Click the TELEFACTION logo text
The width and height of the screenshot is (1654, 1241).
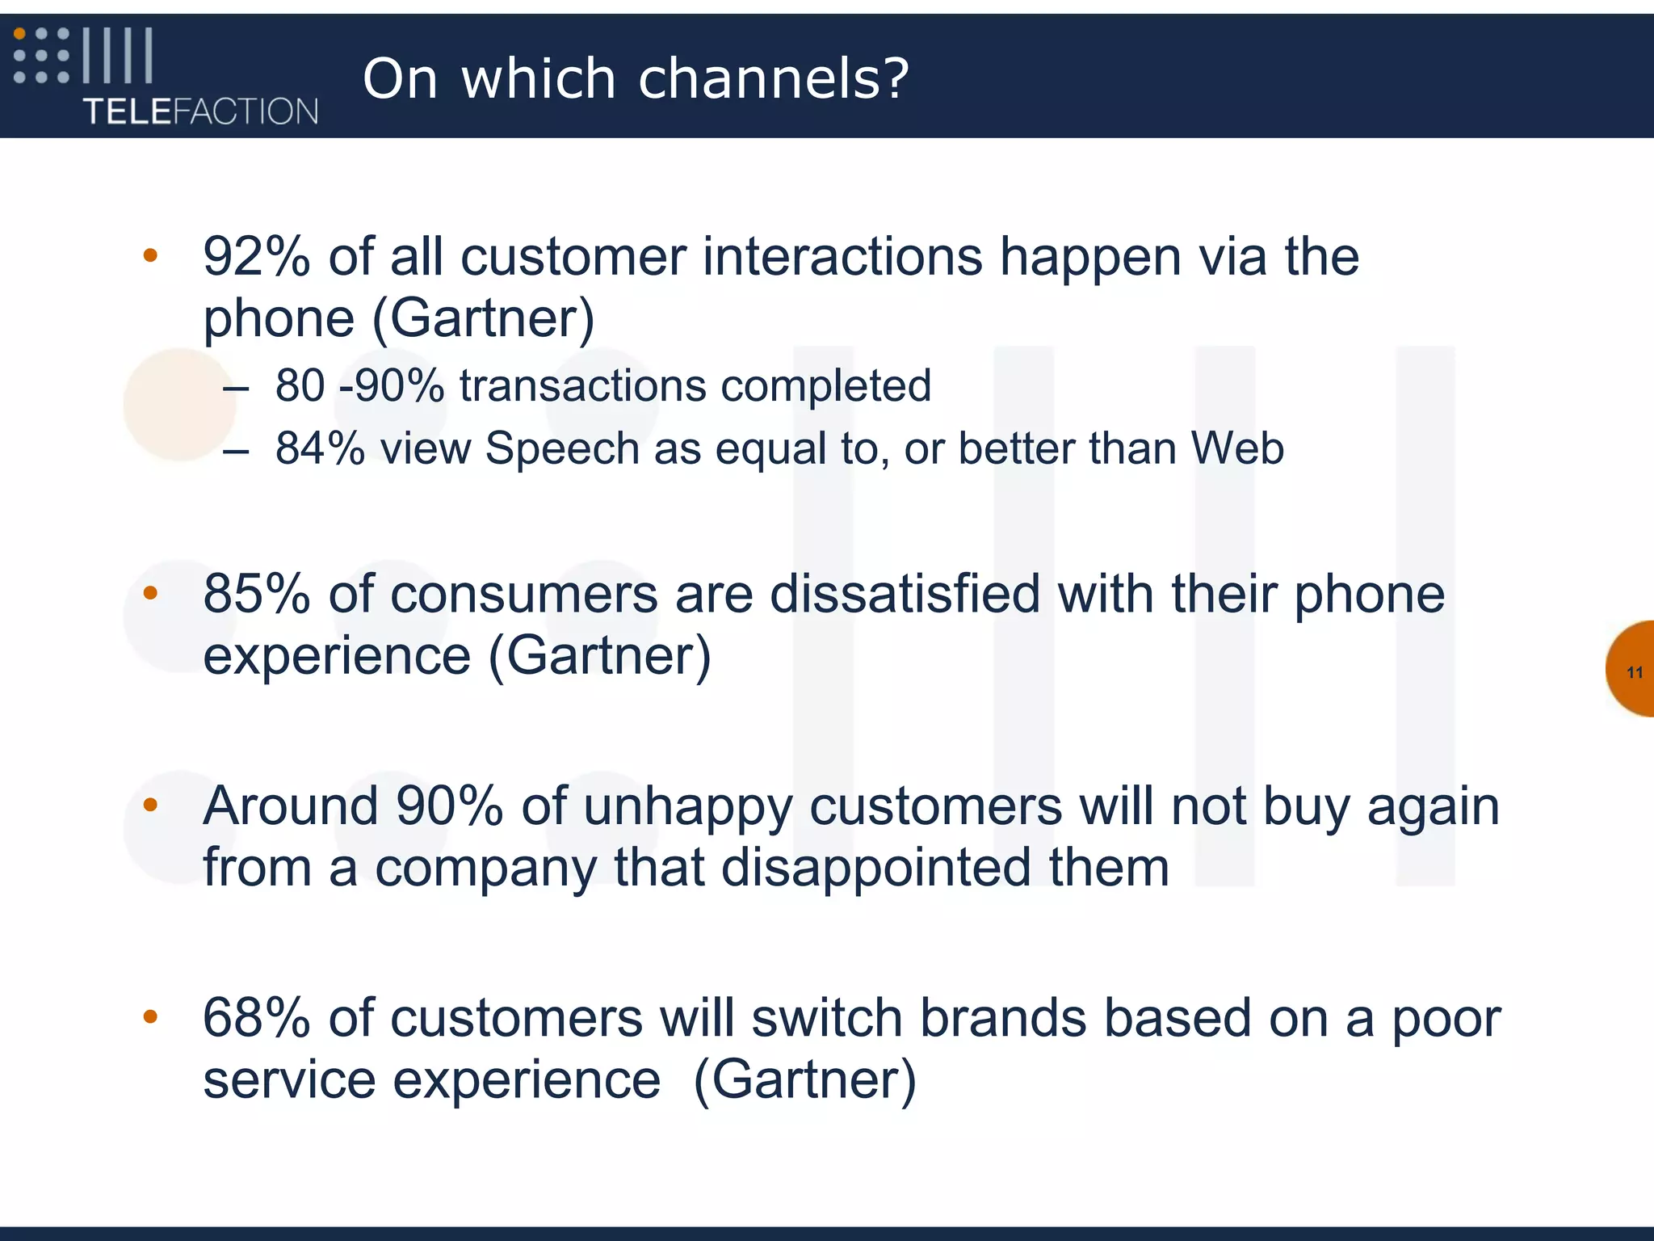[200, 111]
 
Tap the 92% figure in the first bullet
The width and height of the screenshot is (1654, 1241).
[256, 257]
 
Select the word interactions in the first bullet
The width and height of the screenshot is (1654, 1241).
[842, 257]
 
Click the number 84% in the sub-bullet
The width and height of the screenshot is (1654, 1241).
[320, 448]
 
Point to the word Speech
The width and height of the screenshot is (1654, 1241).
[562, 448]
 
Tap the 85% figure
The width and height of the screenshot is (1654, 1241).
[256, 594]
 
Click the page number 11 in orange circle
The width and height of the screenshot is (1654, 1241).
[1635, 672]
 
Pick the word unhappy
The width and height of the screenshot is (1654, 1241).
[687, 806]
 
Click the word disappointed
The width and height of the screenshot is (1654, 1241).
[875, 868]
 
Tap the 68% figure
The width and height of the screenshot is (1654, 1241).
[256, 1018]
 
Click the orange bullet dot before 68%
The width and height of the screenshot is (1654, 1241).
[150, 1016]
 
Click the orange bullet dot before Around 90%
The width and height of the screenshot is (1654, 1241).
[150, 805]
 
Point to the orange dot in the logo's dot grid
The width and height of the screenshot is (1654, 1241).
[20, 34]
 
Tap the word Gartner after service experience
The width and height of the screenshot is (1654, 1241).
[805, 1079]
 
